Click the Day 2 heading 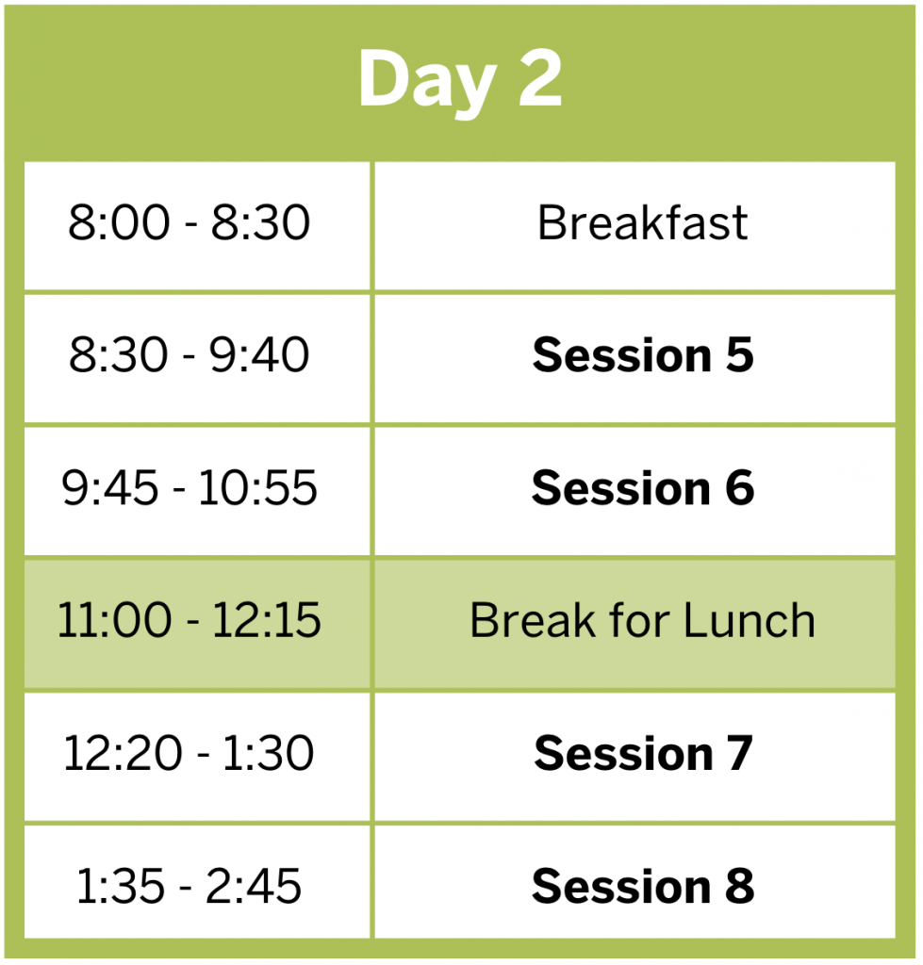click(x=460, y=80)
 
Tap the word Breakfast click(x=642, y=222)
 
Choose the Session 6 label click(x=643, y=488)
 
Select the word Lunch click(x=749, y=620)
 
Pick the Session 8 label click(x=643, y=886)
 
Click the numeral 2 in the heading click(x=540, y=77)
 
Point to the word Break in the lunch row click(x=533, y=620)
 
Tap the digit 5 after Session click(x=740, y=355)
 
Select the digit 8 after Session click(x=740, y=886)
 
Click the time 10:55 click(x=257, y=487)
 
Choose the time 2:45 click(x=253, y=886)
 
